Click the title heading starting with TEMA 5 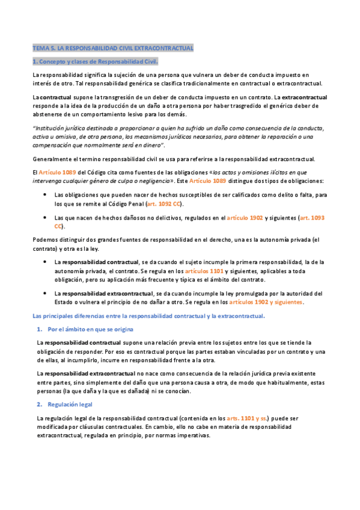[x=112, y=48]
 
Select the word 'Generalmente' [x=53, y=159]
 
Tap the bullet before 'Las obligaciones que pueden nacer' [x=46, y=195]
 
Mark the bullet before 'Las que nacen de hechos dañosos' [x=46, y=218]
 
